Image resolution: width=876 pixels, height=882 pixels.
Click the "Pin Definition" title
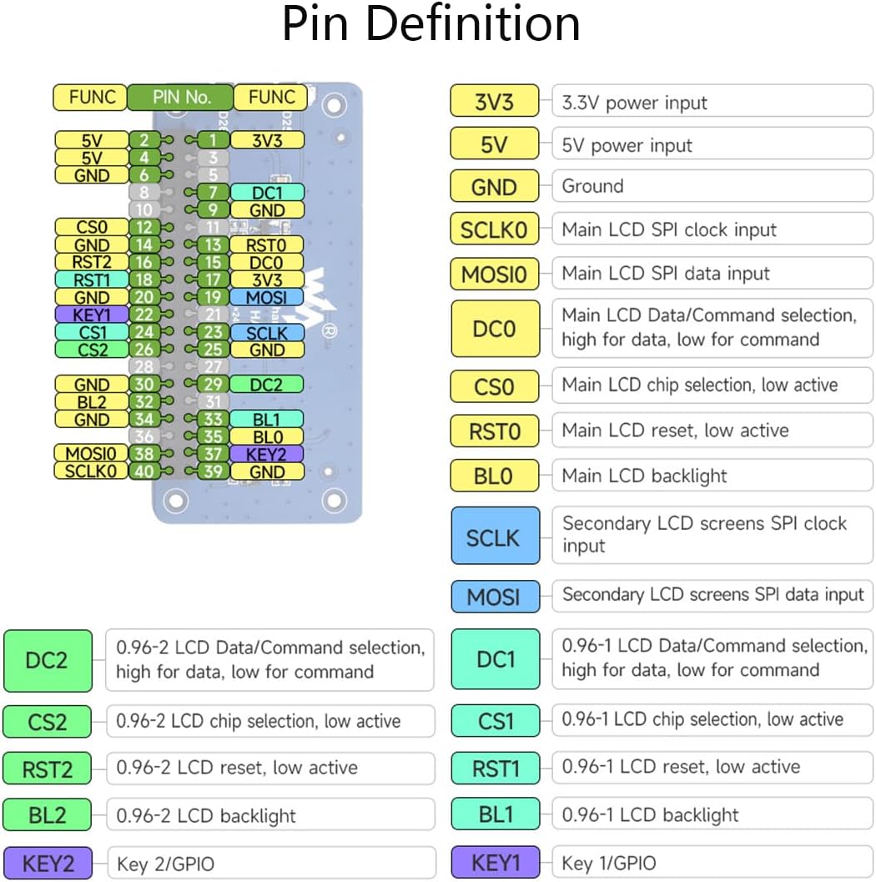point(431,24)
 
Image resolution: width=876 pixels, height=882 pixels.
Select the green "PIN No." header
point(181,97)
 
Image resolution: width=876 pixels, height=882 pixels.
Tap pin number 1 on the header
point(214,140)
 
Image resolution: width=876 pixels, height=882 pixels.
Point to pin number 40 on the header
point(144,471)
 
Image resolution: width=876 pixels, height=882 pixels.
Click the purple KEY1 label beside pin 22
point(92,315)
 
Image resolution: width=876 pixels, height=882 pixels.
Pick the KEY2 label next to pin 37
point(267,454)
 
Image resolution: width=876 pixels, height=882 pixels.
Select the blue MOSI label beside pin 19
point(267,297)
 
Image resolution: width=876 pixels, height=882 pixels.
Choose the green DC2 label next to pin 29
point(267,384)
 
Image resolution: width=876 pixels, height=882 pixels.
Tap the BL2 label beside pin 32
point(92,402)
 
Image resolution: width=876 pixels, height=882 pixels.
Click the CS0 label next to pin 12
point(92,227)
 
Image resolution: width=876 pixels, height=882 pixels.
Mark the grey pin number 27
point(214,367)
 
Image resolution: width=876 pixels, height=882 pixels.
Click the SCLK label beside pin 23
point(267,332)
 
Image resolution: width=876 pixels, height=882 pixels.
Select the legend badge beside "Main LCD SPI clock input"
point(494,230)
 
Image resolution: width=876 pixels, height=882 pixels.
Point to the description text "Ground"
point(592,186)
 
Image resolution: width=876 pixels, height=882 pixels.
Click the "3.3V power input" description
point(634,103)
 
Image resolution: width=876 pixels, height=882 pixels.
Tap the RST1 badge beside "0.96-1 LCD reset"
point(496,768)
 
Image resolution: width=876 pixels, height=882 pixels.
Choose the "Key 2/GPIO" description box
point(271,864)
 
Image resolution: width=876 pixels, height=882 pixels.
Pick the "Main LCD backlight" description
point(644,476)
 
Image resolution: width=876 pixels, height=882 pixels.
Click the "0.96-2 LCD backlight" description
point(270,815)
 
